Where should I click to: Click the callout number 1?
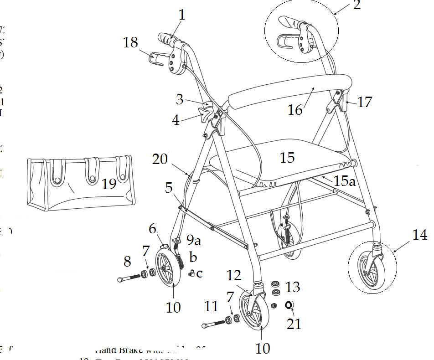[x=182, y=15]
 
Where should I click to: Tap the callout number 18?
[x=131, y=43]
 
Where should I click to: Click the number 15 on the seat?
[x=287, y=157]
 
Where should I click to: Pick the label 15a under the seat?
[x=344, y=181]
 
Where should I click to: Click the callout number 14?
[x=420, y=235]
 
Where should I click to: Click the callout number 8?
[x=127, y=262]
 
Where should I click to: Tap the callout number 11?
[x=211, y=306]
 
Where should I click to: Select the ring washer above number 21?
[x=289, y=304]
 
